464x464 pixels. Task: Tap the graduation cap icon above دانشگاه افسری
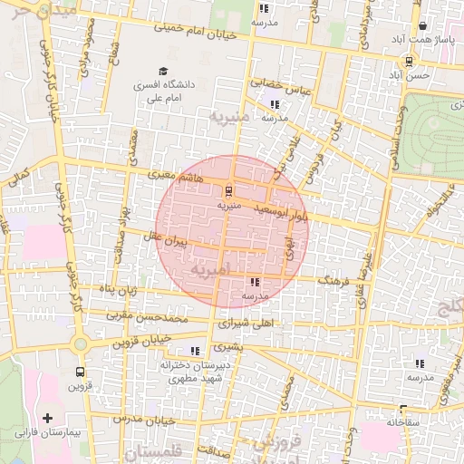point(163,71)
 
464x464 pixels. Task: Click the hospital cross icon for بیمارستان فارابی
point(47,419)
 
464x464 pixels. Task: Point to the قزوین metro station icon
point(81,372)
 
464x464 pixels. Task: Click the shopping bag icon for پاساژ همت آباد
point(423,26)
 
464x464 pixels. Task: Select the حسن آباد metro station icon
point(409,62)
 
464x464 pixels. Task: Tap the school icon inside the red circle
point(252,283)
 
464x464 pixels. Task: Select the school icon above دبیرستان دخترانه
point(194,351)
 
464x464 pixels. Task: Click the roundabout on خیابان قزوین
point(82,344)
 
